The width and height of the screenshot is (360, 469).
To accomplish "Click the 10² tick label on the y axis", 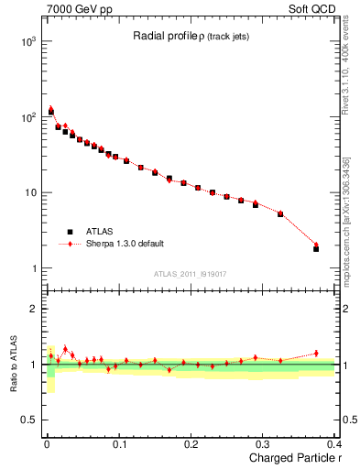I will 27,117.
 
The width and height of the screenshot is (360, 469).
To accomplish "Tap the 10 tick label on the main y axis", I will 29,193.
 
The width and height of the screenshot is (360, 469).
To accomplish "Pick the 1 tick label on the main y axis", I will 34,268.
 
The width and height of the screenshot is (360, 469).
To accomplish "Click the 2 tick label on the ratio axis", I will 34,309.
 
